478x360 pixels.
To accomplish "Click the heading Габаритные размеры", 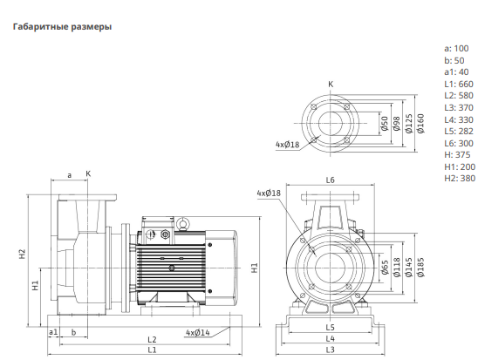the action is click(62, 27).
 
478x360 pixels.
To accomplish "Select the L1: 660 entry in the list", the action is click(459, 84).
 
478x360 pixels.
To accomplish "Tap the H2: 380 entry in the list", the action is click(460, 178).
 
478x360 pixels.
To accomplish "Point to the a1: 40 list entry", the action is click(456, 72).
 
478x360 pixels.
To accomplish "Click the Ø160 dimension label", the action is click(420, 123).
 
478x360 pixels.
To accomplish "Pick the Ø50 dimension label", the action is click(385, 124).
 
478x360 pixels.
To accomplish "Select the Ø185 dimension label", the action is click(420, 267).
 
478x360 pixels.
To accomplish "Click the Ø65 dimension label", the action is click(385, 267).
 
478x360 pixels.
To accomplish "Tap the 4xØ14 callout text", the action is click(198, 333).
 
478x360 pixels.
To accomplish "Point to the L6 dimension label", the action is click(330, 180).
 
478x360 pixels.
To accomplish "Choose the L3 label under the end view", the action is click(330, 350).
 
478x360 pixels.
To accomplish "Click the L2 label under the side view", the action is click(152, 340).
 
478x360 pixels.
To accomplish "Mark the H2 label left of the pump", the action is click(23, 254).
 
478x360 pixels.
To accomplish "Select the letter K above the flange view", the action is click(331, 84).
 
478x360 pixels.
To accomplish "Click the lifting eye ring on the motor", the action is click(183, 224).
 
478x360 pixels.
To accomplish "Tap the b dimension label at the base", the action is click(73, 332).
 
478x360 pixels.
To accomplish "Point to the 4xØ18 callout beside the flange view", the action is click(288, 144).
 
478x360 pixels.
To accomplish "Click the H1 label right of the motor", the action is click(254, 268).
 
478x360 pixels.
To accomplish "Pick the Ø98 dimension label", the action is click(396, 124).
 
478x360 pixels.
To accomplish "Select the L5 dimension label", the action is click(330, 328).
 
